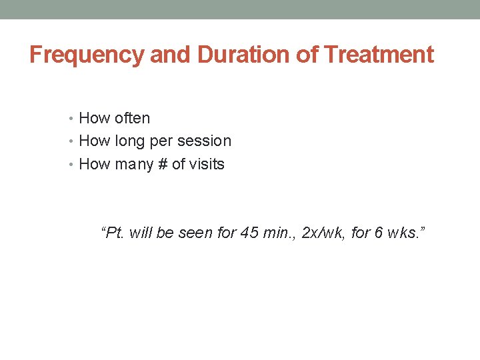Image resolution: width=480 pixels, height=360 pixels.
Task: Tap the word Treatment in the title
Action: [379, 55]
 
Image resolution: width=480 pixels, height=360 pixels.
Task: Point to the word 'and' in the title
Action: [169, 55]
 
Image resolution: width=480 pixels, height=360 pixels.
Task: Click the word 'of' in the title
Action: [307, 55]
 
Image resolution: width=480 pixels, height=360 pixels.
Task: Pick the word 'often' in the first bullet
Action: [133, 119]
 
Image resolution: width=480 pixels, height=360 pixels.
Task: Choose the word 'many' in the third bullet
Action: [135, 165]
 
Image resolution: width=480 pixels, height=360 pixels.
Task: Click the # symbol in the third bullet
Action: [163, 164]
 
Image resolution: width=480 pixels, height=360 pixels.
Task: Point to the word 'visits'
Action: [207, 164]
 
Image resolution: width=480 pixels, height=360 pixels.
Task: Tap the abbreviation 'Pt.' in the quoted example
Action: [113, 233]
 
